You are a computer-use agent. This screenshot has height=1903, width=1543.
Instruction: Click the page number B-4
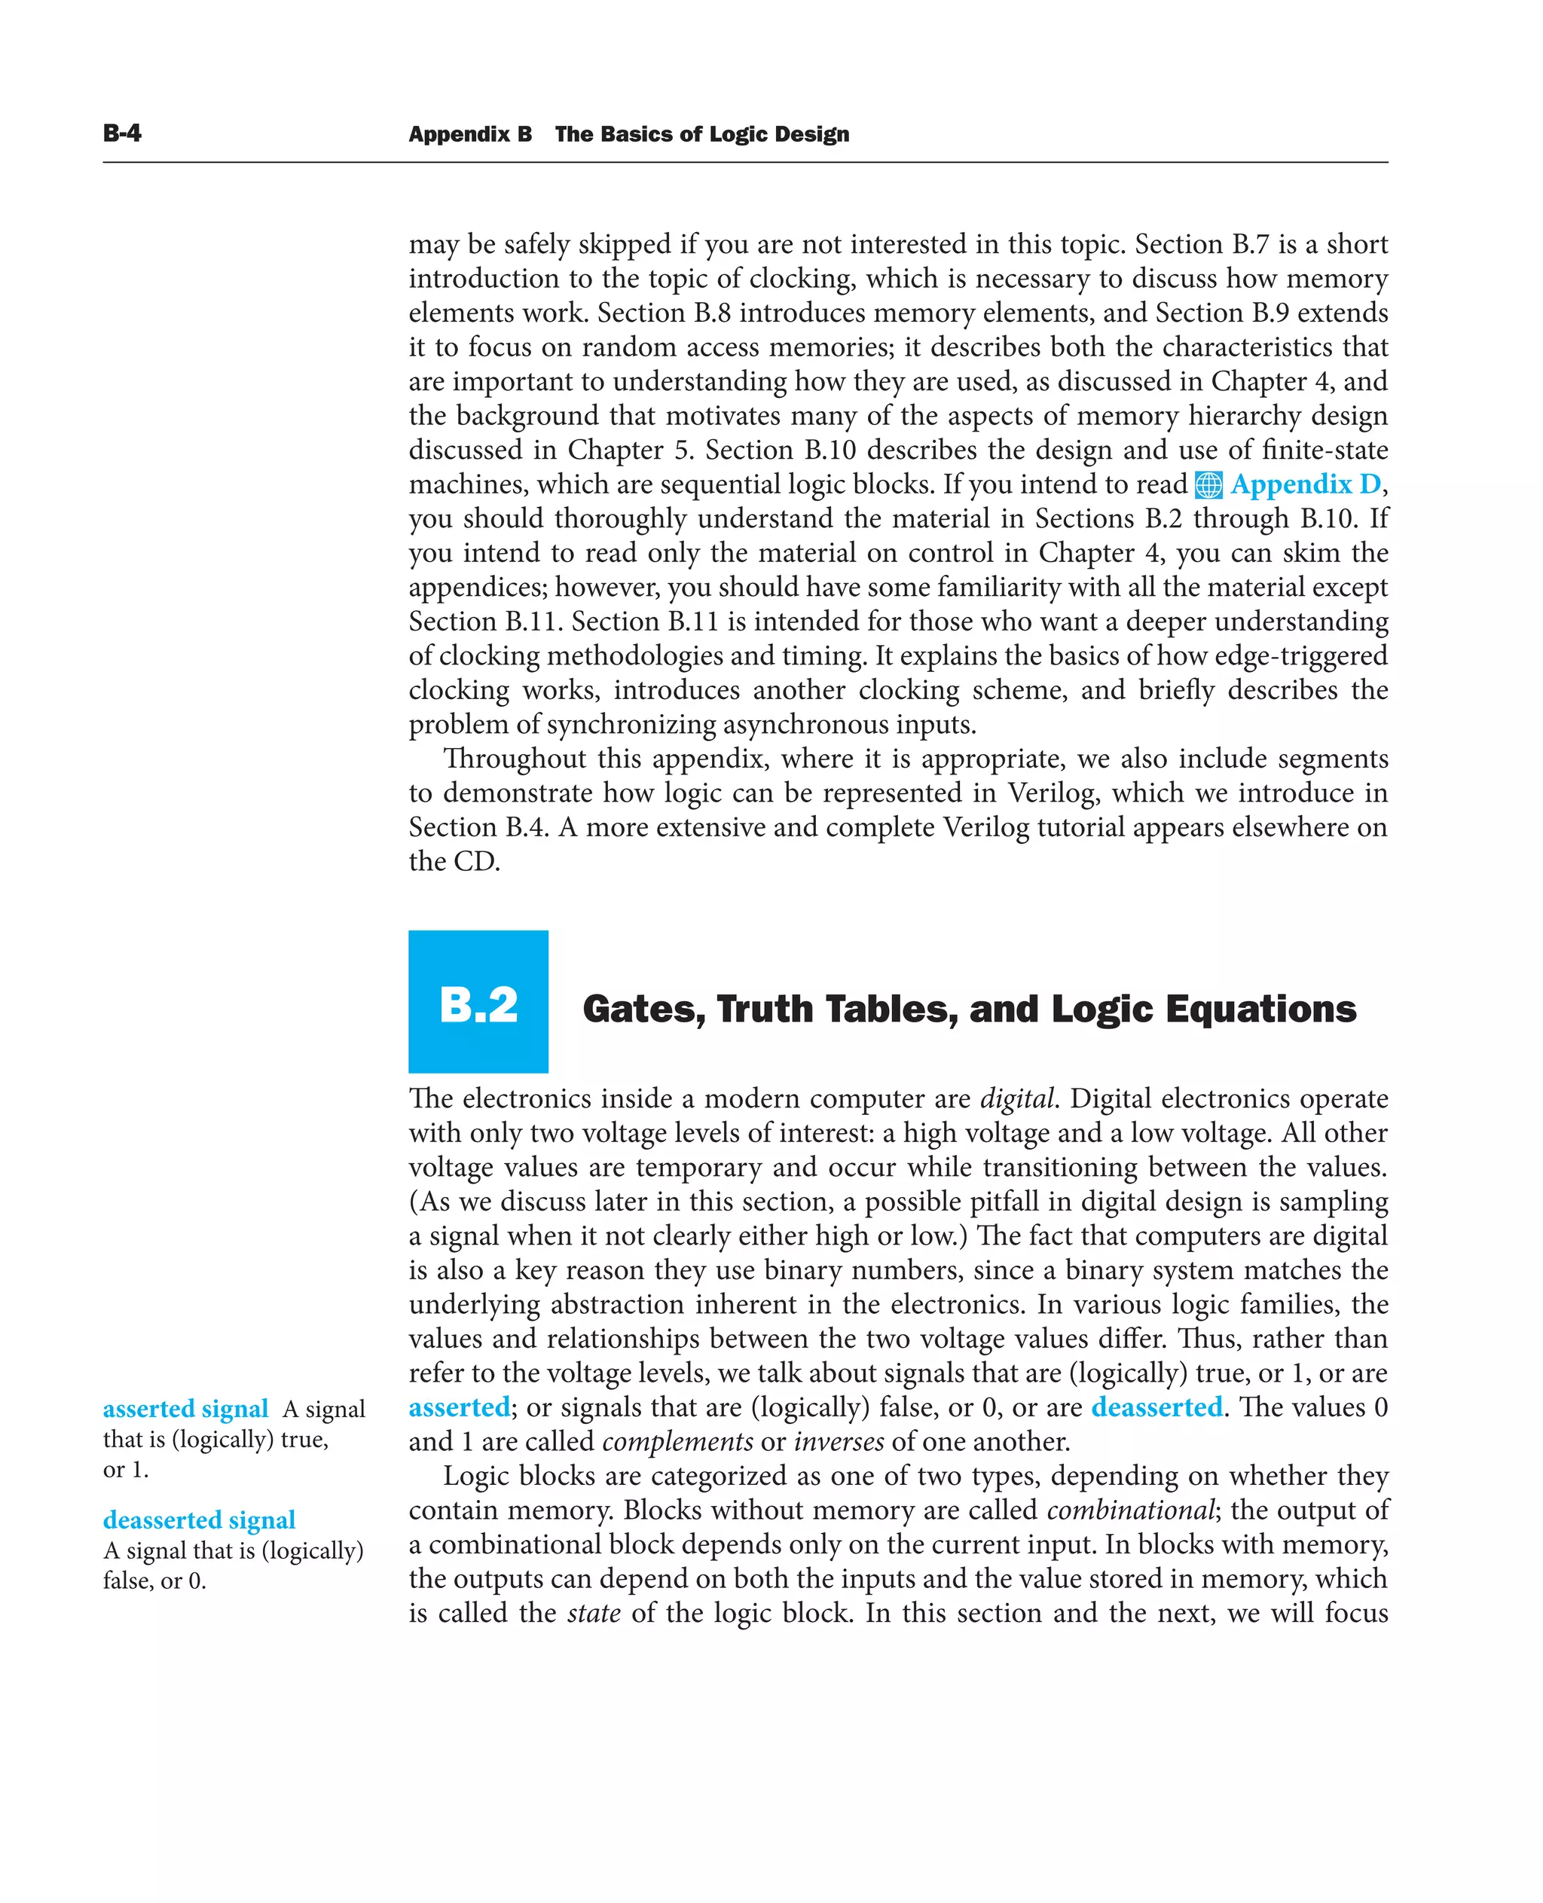tap(122, 133)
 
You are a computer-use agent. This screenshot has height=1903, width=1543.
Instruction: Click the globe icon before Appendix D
tap(1208, 485)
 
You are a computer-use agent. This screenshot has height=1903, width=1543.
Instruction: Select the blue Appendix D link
tap(1306, 484)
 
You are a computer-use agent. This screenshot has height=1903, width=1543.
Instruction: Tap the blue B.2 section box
tap(478, 1002)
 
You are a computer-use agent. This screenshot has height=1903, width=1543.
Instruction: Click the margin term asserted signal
tap(185, 1410)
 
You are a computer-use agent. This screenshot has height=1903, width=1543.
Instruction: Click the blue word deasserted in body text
tap(1156, 1408)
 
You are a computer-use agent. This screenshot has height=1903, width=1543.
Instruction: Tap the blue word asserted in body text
tap(460, 1408)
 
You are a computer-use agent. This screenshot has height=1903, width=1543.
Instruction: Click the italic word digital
tap(1017, 1099)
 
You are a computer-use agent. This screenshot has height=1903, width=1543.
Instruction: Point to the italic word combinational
tap(1129, 1510)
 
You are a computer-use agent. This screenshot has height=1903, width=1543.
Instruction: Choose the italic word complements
tap(677, 1443)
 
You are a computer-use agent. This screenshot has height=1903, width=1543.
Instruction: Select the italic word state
tap(594, 1613)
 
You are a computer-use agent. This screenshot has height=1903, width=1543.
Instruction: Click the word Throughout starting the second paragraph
tap(514, 759)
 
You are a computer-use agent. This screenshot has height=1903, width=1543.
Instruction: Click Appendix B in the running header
tap(470, 134)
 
